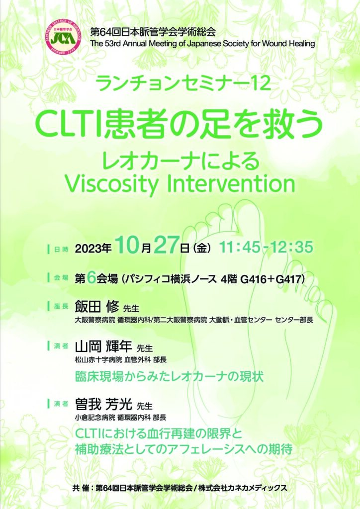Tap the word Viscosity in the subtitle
[x=111, y=184]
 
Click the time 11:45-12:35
[x=266, y=247]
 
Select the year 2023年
[x=93, y=249]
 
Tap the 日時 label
[x=61, y=250]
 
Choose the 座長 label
[x=61, y=306]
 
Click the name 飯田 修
[x=97, y=306]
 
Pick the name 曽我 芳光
[x=103, y=404]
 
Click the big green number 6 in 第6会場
[x=91, y=277]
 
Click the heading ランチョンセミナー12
[x=183, y=83]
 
